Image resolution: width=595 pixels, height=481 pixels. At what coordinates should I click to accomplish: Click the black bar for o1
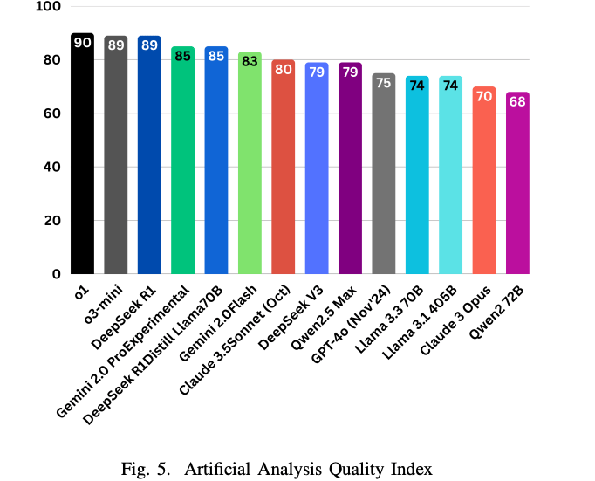click(x=82, y=157)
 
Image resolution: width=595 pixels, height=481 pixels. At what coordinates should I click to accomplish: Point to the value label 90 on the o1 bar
click(x=82, y=43)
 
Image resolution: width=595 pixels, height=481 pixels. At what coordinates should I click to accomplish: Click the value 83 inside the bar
click(x=250, y=61)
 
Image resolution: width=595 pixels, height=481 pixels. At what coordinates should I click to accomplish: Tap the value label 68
click(x=517, y=101)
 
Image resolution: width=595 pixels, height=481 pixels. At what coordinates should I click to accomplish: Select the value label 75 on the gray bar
click(x=384, y=83)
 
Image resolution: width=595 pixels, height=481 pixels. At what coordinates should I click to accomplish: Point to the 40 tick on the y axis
click(x=52, y=167)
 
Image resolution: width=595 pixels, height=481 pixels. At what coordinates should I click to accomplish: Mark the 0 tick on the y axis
click(x=56, y=274)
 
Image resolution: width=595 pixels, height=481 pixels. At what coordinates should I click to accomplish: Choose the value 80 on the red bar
click(x=283, y=70)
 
